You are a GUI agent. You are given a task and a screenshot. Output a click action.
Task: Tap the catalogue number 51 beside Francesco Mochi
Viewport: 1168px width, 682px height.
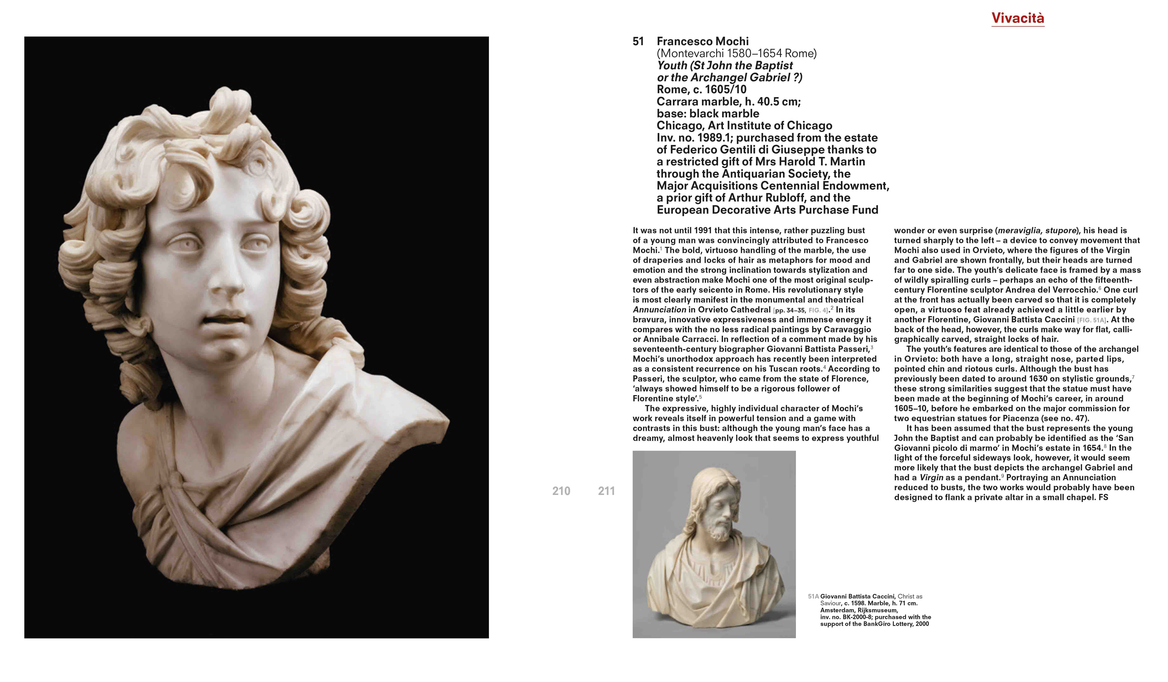point(638,42)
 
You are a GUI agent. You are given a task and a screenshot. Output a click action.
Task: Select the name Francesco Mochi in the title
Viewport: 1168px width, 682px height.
point(702,42)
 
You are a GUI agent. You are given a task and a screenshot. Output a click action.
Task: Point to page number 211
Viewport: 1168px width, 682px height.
point(606,491)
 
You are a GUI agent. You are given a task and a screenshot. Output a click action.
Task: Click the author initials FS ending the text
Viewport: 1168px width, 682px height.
point(1103,497)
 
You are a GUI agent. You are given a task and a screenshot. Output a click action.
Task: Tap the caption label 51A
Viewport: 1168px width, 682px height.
point(813,597)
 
